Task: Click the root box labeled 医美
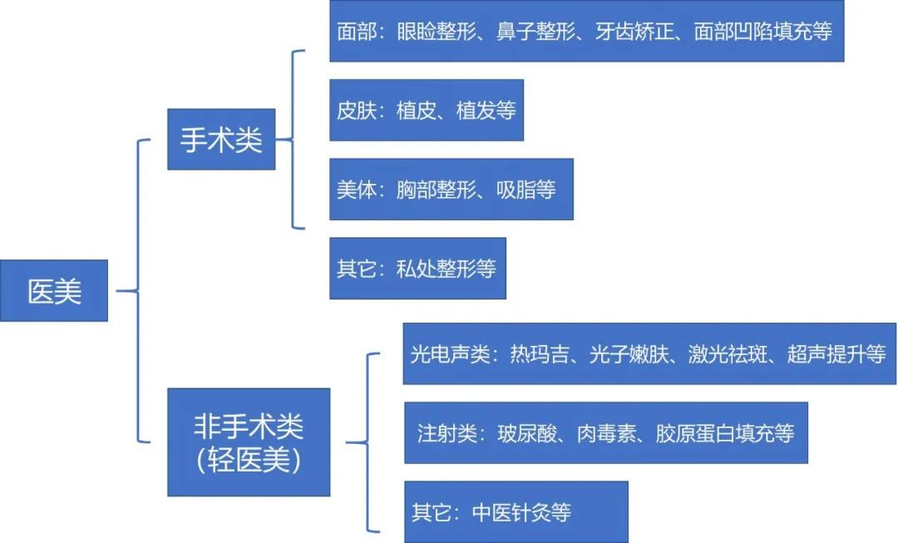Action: [54, 291]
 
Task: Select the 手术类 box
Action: [221, 139]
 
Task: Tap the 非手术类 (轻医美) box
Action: [249, 442]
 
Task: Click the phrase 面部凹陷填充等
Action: [762, 31]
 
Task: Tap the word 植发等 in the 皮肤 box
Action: [486, 110]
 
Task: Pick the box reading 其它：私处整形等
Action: [417, 269]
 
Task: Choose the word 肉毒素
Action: [607, 433]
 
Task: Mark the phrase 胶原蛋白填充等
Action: [725, 433]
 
